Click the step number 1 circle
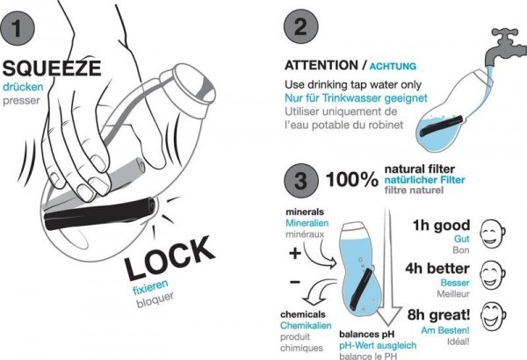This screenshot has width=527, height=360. point(18,28)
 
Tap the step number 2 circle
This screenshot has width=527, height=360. point(300,26)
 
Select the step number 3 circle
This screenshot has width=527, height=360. point(300,181)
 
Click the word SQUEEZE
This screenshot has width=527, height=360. point(52,68)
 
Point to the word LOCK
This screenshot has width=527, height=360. point(170,258)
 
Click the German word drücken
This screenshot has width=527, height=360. point(23,87)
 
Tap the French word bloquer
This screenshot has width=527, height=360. point(155,299)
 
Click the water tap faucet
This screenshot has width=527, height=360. point(505,47)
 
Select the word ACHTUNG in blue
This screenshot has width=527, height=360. point(393,66)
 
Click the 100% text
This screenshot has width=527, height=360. point(352,179)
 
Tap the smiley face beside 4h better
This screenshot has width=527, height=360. point(493,275)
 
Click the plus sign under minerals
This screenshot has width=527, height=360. point(295,253)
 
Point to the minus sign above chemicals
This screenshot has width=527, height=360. point(295,282)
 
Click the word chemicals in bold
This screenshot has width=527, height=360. point(303,314)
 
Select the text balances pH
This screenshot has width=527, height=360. point(366,335)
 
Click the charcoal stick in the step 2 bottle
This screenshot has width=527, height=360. point(441,126)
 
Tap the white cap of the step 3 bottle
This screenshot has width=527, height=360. point(351,227)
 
